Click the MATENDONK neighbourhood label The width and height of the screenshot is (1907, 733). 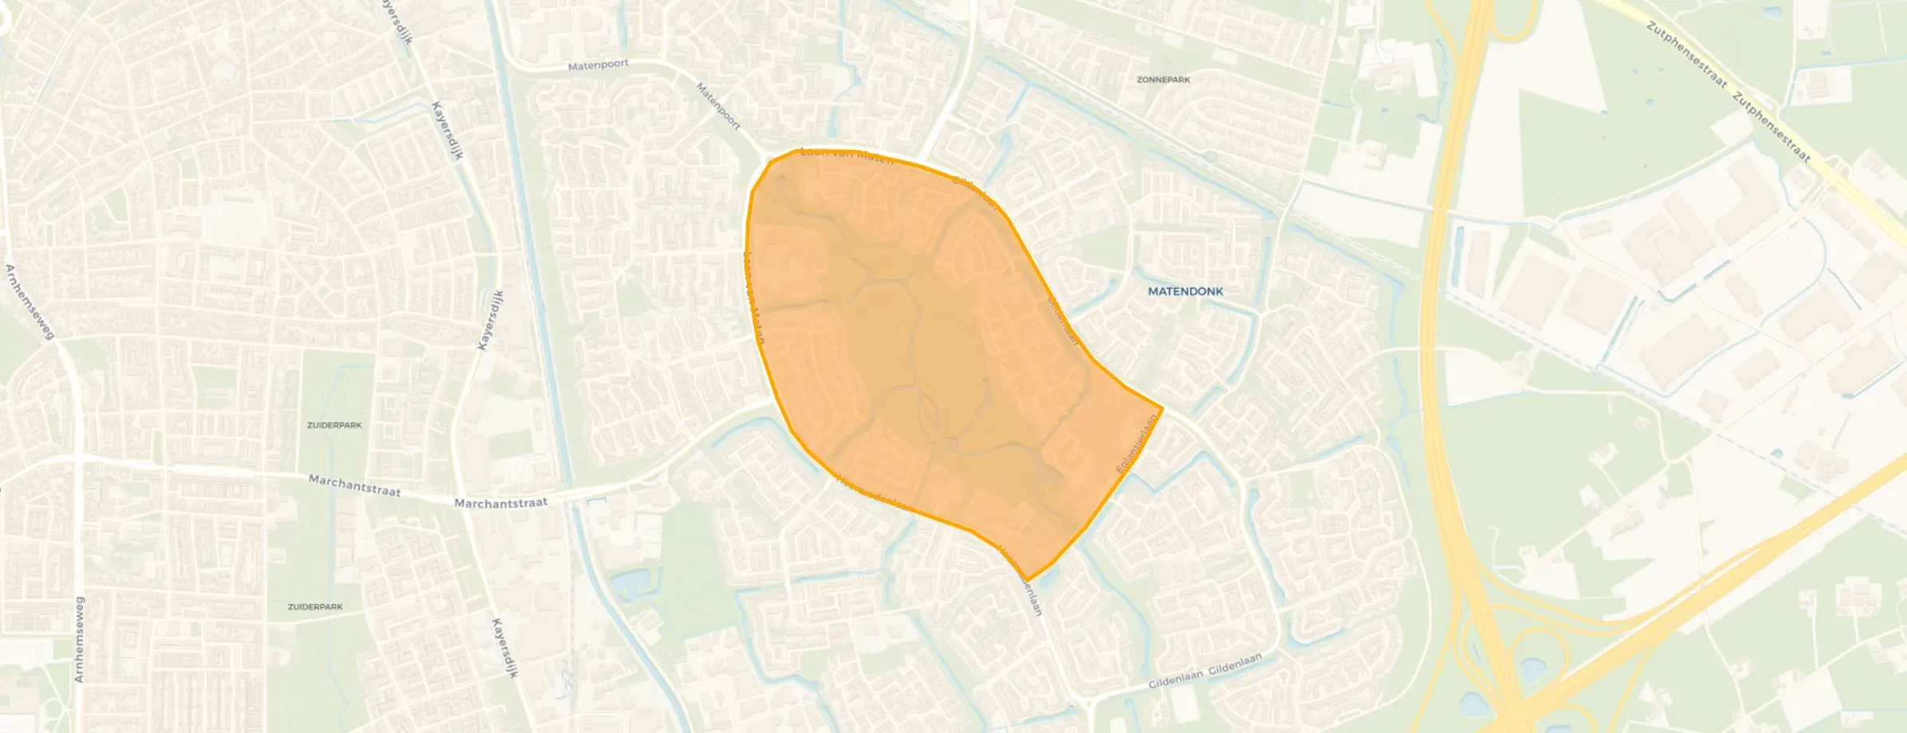pos(1185,292)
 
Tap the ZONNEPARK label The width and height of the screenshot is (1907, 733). pos(1163,80)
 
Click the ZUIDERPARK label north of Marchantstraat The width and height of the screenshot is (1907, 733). pos(334,425)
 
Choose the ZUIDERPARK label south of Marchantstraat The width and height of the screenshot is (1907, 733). pos(315,607)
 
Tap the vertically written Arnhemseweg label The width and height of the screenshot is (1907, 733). pos(78,639)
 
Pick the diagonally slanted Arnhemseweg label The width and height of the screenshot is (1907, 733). pos(29,302)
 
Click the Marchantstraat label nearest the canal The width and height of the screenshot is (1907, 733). pos(501,503)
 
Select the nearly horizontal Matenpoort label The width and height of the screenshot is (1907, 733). pos(598,65)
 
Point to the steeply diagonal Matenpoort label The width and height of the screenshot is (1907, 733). pos(718,107)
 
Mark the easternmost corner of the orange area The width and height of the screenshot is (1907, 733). pos(1162,408)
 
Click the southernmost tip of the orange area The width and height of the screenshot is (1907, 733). pos(1028,580)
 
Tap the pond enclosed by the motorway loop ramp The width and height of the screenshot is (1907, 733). pos(1531,670)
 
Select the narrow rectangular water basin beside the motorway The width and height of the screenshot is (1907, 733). pos(1459,251)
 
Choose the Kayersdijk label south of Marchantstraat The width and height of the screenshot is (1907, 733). pos(505,647)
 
